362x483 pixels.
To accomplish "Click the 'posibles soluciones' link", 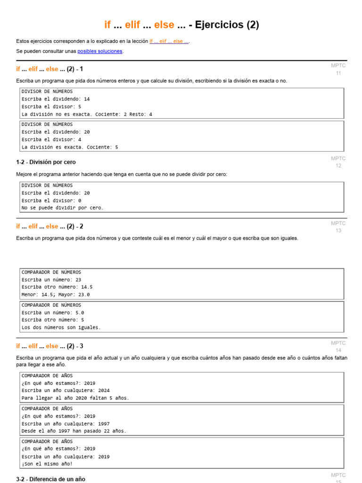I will (x=100, y=51).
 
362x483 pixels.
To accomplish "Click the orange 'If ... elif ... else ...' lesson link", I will (x=169, y=41).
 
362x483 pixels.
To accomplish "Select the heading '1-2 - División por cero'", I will (x=46, y=162).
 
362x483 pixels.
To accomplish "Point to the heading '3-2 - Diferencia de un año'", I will (x=50, y=479).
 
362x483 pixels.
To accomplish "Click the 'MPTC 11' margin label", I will (x=338, y=69).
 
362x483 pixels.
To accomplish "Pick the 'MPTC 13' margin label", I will (x=338, y=227).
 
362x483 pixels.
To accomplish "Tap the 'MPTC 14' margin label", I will (x=338, y=347).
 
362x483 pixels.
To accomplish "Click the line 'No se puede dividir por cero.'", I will (x=63, y=208).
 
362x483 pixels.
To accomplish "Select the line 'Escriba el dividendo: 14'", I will (x=56, y=99).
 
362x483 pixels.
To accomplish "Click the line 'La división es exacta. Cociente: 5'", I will (x=70, y=147).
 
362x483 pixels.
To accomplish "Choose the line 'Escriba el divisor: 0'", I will (x=52, y=200).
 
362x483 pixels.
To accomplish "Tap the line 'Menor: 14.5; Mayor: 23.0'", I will (x=56, y=294).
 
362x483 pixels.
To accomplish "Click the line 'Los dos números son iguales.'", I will (x=61, y=327).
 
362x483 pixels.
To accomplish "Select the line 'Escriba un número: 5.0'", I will (x=53, y=312).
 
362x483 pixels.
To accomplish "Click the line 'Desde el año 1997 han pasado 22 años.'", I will (x=74, y=431).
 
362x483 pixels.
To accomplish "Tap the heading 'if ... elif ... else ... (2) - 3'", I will (x=49, y=346).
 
